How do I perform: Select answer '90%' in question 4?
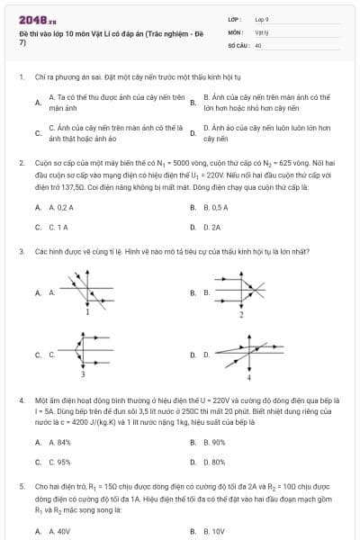click(214, 442)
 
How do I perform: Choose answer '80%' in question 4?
click(214, 462)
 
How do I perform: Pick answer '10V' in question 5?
click(214, 532)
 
